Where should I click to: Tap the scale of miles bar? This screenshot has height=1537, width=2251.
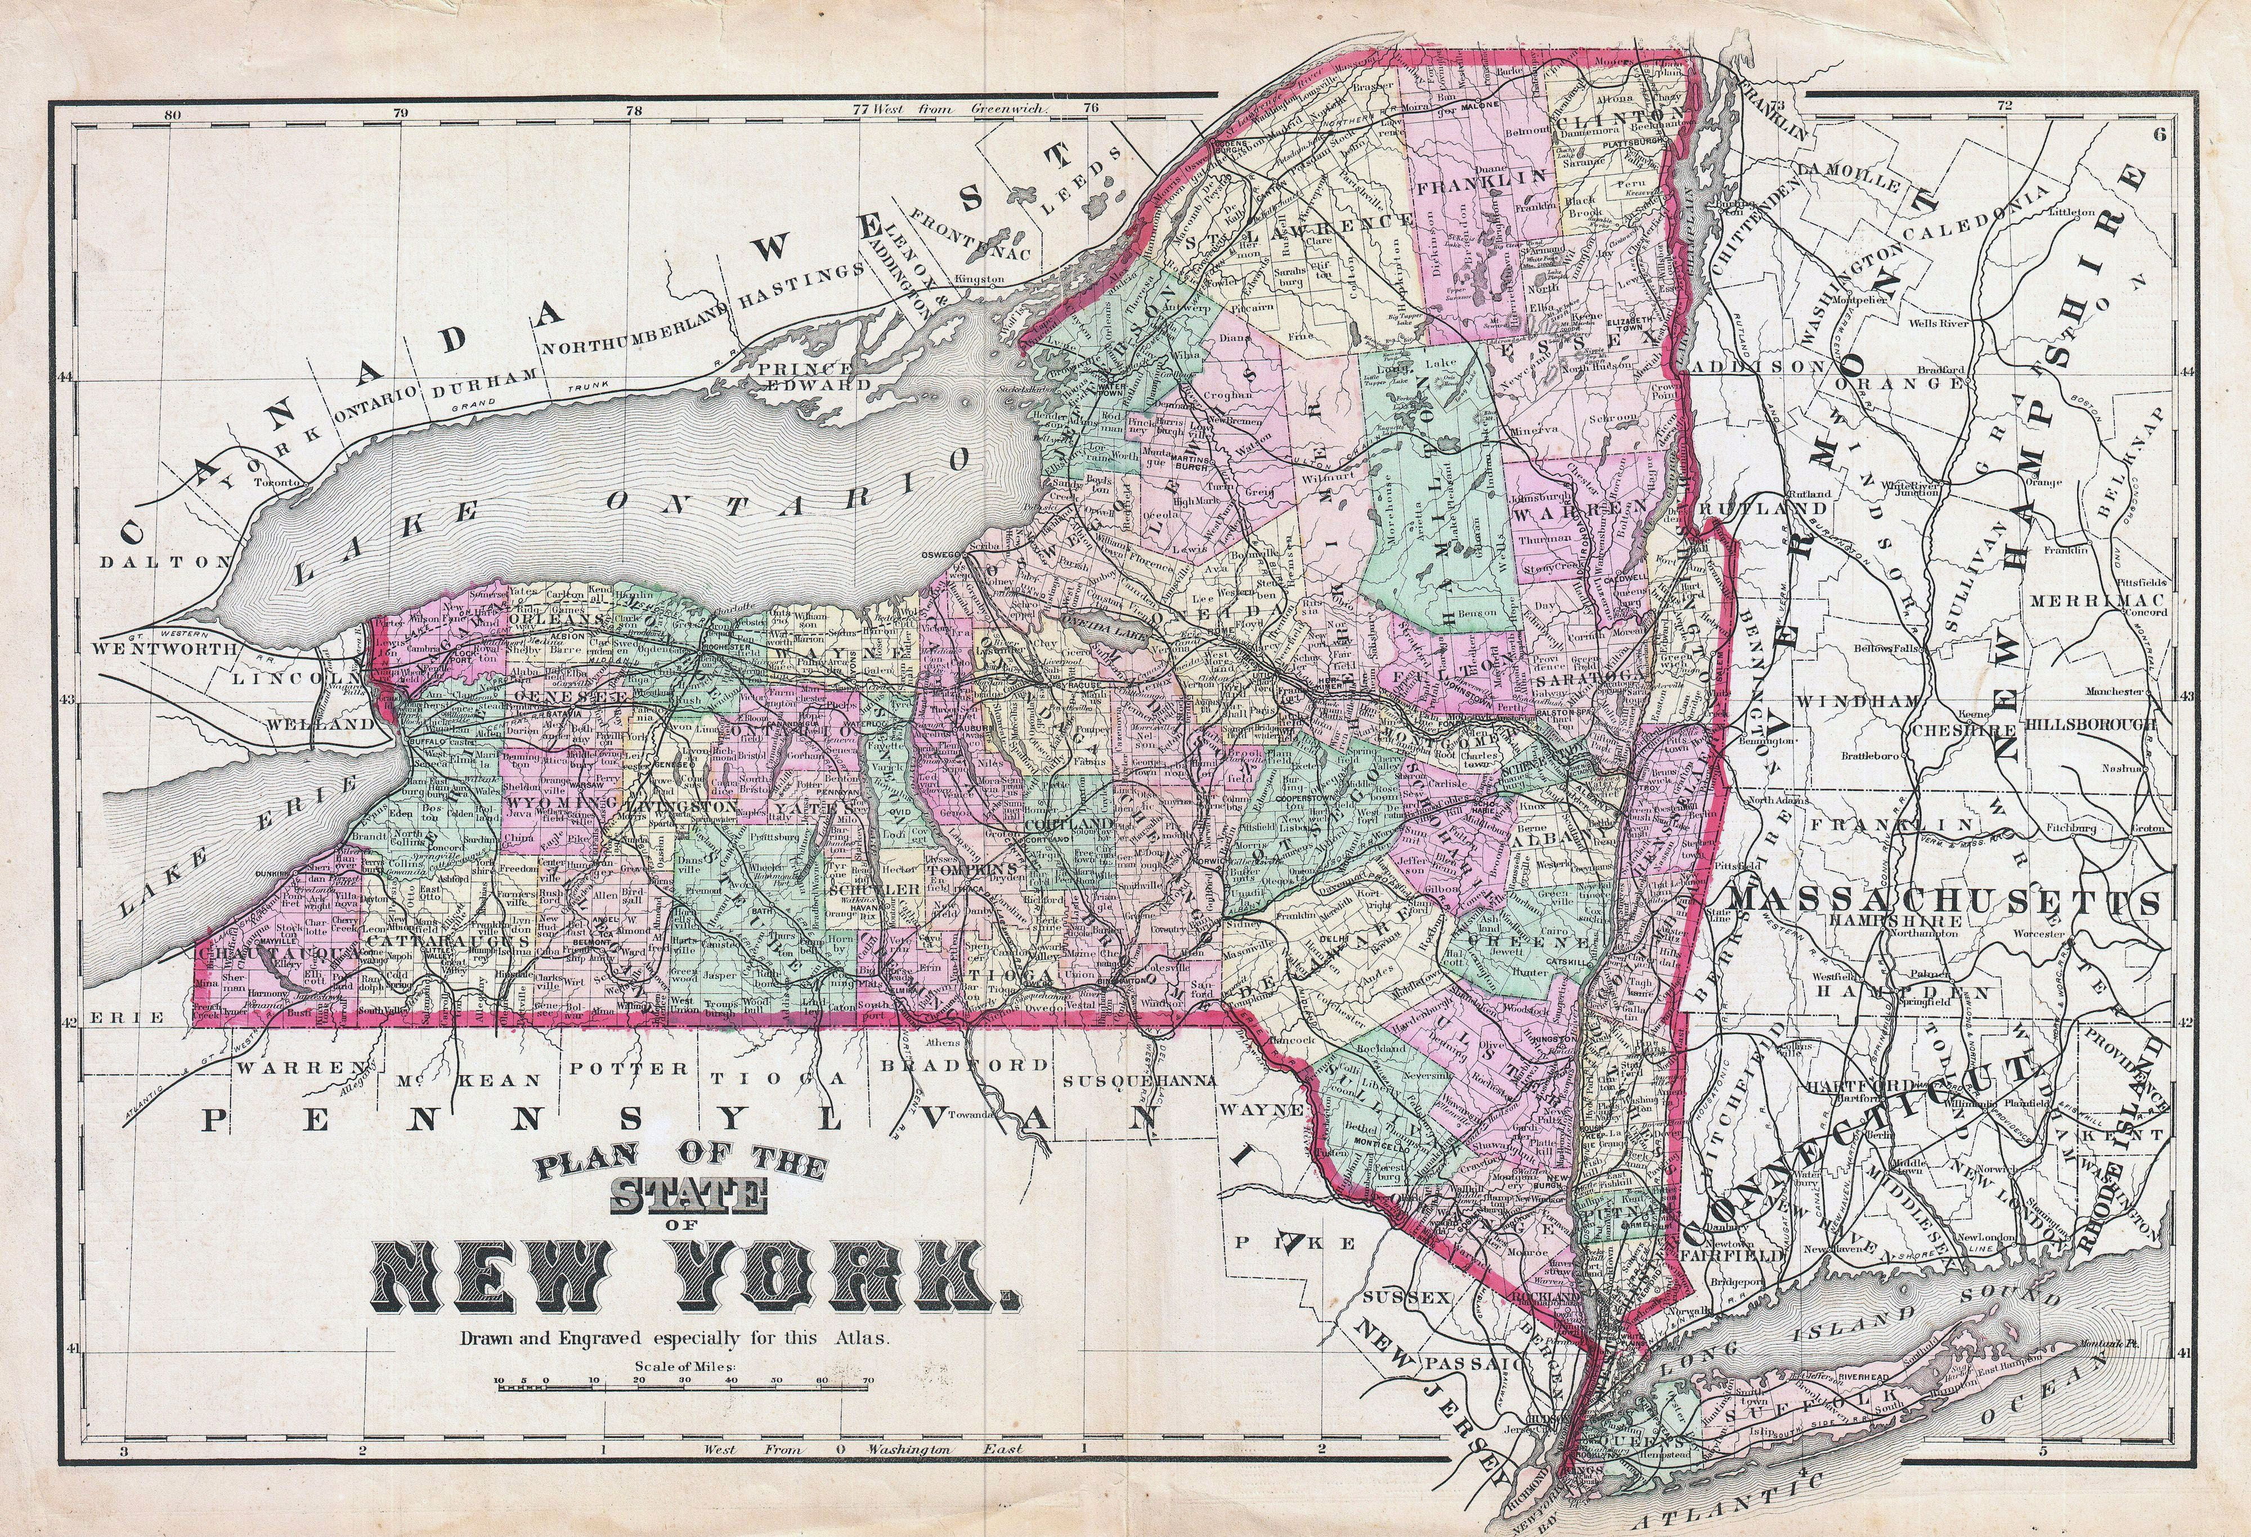(683, 1388)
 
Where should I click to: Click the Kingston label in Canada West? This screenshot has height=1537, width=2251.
(978, 279)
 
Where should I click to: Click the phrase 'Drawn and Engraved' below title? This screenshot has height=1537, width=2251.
(552, 1341)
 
